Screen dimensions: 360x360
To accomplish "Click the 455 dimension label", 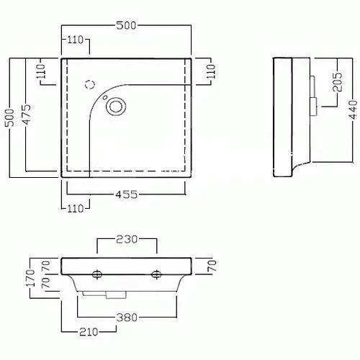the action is pyautogui.click(x=127, y=194).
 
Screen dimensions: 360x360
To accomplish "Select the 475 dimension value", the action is pyautogui.click(x=27, y=114).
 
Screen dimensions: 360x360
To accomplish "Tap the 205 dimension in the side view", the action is pyautogui.click(x=338, y=82).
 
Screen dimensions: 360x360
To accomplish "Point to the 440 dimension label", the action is pyautogui.click(x=353, y=109).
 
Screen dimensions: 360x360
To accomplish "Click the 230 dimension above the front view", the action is pyautogui.click(x=127, y=239).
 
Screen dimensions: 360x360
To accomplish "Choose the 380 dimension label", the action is pyautogui.click(x=127, y=318).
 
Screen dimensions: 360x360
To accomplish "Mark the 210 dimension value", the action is pyautogui.click(x=89, y=332).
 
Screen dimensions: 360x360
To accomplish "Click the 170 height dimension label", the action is pyautogui.click(x=30, y=278).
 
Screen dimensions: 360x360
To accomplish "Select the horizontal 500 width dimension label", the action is pyautogui.click(x=126, y=25).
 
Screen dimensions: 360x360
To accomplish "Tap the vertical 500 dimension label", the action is pyautogui.click(x=10, y=117).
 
